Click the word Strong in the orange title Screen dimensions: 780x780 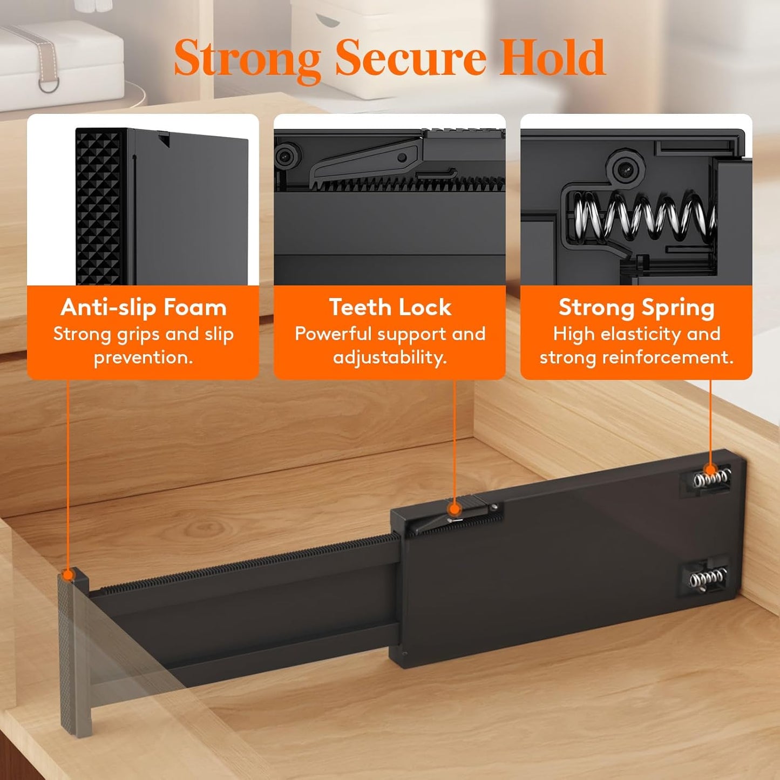(x=248, y=60)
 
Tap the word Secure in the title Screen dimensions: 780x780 (x=410, y=57)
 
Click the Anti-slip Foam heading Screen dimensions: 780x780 (x=143, y=308)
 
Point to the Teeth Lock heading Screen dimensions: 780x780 (x=390, y=307)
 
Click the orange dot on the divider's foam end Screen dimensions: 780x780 (x=68, y=575)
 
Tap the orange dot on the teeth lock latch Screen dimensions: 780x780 (x=455, y=509)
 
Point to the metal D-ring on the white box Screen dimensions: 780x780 (x=49, y=84)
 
